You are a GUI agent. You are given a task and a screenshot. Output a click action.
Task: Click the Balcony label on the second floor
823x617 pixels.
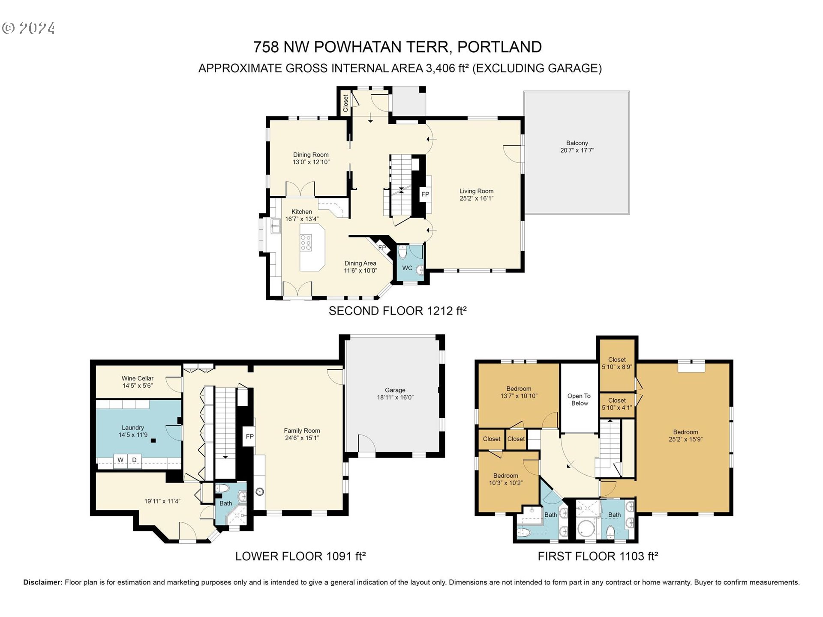tap(577, 143)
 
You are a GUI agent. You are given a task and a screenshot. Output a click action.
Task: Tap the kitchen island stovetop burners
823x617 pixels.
tap(306, 243)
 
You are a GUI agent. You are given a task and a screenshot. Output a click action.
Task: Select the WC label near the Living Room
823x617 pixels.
tap(407, 268)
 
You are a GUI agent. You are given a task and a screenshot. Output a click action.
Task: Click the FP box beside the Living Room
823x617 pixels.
tap(425, 195)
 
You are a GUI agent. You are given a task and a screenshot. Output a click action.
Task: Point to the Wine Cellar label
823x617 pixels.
tap(137, 378)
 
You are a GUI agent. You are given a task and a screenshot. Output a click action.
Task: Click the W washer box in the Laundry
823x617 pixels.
tap(120, 460)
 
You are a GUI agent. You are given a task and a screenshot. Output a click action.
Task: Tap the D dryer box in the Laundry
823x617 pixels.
tap(134, 460)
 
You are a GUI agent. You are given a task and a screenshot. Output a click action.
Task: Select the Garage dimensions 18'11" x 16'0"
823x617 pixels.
tap(395, 398)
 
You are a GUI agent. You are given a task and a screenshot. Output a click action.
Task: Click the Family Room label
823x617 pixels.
tap(302, 431)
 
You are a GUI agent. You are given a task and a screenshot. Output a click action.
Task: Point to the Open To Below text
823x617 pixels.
tap(579, 399)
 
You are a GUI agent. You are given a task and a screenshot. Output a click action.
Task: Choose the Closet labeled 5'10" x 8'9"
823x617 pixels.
tap(617, 363)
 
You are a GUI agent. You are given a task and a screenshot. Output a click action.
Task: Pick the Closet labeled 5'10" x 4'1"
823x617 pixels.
tap(617, 404)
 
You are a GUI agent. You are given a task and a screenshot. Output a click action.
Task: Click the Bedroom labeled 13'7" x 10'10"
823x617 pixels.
tap(519, 392)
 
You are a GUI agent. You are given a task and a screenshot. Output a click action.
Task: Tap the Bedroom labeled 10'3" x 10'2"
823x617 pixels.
tap(506, 479)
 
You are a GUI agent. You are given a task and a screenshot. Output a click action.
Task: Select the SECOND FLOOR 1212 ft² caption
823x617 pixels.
tap(397, 311)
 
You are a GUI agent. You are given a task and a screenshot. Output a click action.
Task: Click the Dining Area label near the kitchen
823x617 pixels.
tap(360, 264)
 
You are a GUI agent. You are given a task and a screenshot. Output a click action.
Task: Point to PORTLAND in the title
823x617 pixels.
tap(499, 47)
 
